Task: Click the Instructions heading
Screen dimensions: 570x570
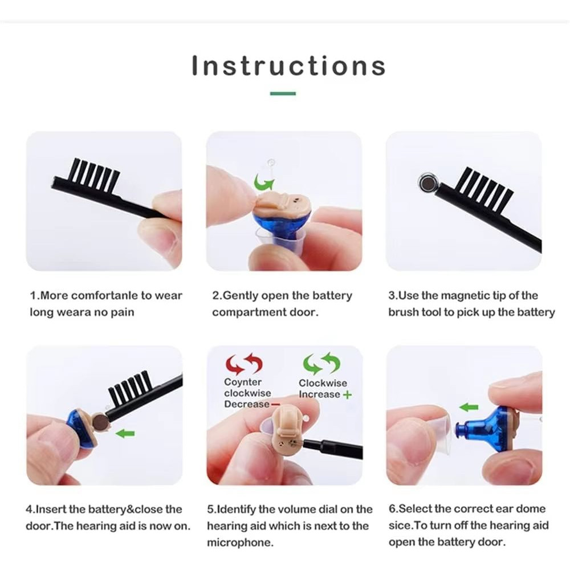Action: [x=288, y=66]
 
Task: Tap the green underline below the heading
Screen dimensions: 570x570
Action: [x=283, y=93]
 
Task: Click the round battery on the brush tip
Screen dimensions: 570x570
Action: [x=427, y=182]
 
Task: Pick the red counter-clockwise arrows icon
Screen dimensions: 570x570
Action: [x=244, y=363]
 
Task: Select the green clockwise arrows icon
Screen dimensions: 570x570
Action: [x=321, y=363]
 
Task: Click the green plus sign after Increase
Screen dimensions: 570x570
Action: [x=348, y=394]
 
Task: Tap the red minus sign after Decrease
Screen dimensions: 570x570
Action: [x=275, y=404]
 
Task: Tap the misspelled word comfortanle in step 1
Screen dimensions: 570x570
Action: [x=104, y=295]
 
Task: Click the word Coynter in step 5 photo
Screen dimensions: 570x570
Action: [x=243, y=382]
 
